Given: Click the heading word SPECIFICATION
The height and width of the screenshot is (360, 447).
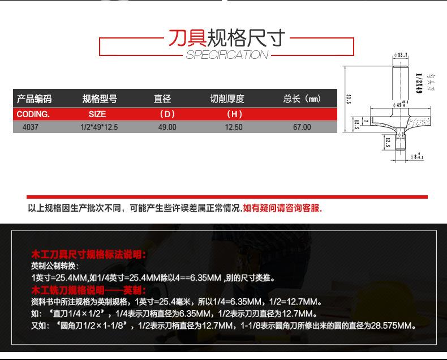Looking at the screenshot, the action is coord(227,55).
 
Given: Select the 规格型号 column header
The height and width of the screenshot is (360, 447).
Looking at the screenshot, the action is coord(100,99).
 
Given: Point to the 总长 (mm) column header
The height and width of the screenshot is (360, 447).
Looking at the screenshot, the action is coord(302,99).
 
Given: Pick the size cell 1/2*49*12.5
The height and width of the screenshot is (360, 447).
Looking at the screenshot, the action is coord(99,127).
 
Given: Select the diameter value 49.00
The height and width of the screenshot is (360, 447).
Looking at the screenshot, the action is coord(167,127).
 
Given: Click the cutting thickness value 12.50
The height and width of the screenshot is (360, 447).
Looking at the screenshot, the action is coord(234,127).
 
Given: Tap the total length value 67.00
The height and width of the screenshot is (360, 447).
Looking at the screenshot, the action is coord(302,127).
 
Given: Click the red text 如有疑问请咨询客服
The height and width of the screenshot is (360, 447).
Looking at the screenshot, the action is coord(282,208).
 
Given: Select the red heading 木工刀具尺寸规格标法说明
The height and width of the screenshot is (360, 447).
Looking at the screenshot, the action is coord(89,255).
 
